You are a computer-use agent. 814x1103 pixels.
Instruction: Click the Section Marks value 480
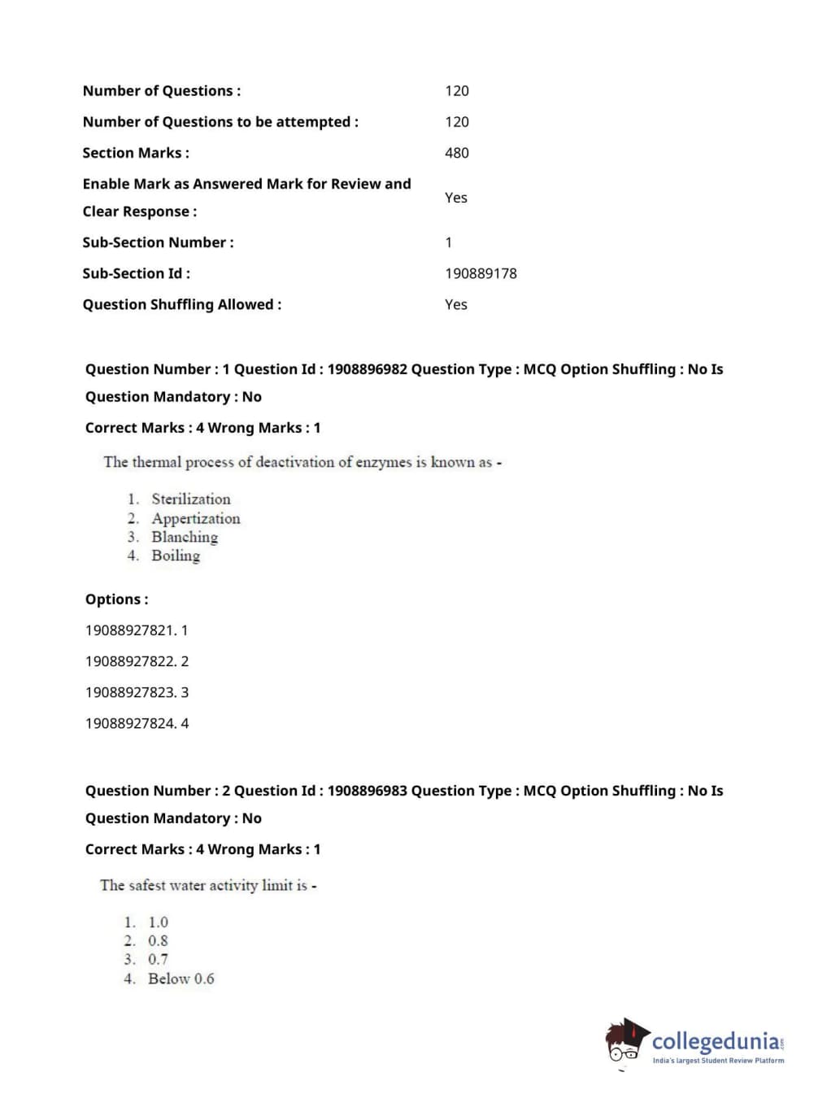pyautogui.click(x=456, y=153)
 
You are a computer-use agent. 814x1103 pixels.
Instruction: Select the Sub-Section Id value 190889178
pyautogui.click(x=481, y=273)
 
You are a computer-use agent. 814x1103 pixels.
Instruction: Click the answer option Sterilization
pyautogui.click(x=190, y=499)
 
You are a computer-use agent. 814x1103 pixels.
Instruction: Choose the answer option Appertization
pyautogui.click(x=195, y=518)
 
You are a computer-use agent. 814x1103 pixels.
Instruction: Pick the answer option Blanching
pyautogui.click(x=185, y=537)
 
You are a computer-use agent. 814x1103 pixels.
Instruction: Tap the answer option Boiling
pyautogui.click(x=175, y=556)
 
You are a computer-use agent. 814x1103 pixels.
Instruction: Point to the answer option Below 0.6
pyautogui.click(x=181, y=979)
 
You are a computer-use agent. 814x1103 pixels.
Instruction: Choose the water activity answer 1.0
pyautogui.click(x=158, y=922)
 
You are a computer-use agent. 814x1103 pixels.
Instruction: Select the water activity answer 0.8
pyautogui.click(x=158, y=941)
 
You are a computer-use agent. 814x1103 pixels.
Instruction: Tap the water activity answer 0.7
pyautogui.click(x=158, y=960)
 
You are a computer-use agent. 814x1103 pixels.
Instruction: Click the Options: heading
pyautogui.click(x=116, y=599)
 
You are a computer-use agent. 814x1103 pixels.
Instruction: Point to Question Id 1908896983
pyautogui.click(x=367, y=791)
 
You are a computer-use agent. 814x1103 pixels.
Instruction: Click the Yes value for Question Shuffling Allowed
pyautogui.click(x=455, y=304)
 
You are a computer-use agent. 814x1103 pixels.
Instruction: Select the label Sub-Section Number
pyautogui.click(x=158, y=242)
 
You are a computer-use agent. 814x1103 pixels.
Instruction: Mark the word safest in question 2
pyautogui.click(x=147, y=885)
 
